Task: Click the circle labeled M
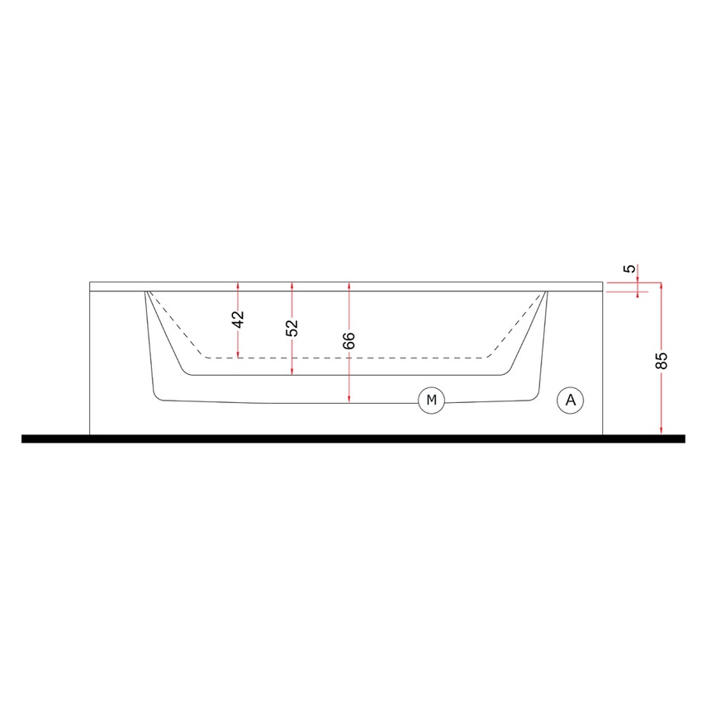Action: pyautogui.click(x=430, y=401)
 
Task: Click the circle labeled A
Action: pyautogui.click(x=569, y=401)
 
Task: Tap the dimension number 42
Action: pyautogui.click(x=238, y=320)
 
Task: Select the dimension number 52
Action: pyautogui.click(x=292, y=328)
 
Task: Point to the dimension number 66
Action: pyautogui.click(x=349, y=340)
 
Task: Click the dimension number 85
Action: pyautogui.click(x=661, y=361)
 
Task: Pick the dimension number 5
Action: pyautogui.click(x=630, y=269)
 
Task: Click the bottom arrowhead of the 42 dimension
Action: pyautogui.click(x=238, y=355)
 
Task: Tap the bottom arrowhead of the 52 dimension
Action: pyautogui.click(x=292, y=372)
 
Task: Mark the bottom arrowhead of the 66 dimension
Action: pyautogui.click(x=350, y=401)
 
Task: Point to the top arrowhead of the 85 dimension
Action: pyautogui.click(x=662, y=285)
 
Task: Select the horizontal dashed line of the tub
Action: pyautogui.click(x=347, y=358)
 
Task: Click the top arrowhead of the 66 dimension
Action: pyautogui.click(x=350, y=285)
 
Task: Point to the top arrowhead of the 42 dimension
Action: pyautogui.click(x=238, y=285)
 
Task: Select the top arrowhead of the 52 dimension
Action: pyautogui.click(x=292, y=285)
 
